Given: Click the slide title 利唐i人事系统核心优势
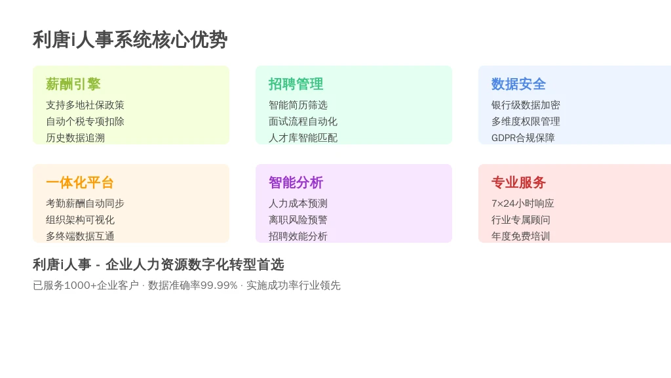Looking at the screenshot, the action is (130, 40).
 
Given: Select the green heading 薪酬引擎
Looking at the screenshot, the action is (73, 84).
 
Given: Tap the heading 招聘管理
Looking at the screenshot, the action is (296, 84).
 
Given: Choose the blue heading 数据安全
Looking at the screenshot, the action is (518, 84).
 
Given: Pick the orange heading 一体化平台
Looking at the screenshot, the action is (80, 182).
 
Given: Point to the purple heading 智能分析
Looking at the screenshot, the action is (296, 182).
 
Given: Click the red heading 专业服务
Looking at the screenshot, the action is (518, 182).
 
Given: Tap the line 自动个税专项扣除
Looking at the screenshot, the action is (85, 121).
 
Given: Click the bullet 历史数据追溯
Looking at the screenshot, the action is (75, 138).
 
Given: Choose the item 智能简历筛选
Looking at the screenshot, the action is (298, 105).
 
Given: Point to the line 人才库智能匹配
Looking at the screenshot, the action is (303, 138).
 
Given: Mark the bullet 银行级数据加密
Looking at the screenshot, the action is (526, 105).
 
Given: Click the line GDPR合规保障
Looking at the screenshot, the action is (523, 138).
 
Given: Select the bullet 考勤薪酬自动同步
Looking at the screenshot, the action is (85, 203).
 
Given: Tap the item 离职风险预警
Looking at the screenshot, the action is (298, 220).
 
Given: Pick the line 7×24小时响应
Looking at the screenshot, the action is (522, 203).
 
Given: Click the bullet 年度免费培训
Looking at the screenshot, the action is (520, 236).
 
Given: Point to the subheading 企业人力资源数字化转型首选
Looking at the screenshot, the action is (195, 264).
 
